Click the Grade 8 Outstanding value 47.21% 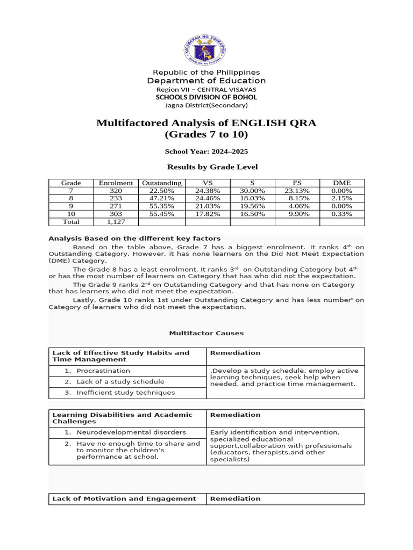[x=161, y=198]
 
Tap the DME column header [x=342, y=183]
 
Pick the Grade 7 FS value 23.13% [x=297, y=191]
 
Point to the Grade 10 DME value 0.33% [x=342, y=213]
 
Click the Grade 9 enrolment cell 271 [x=116, y=206]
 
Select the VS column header [x=208, y=183]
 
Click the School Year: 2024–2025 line [x=206, y=152]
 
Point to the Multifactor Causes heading [x=206, y=333]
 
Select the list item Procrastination [x=103, y=371]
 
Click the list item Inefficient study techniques [x=125, y=392]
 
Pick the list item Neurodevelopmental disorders [x=131, y=432]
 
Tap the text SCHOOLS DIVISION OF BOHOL [x=206, y=97]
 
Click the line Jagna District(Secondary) [x=206, y=105]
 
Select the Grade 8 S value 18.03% [x=252, y=198]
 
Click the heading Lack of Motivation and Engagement [x=124, y=498]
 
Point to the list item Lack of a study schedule [x=120, y=381]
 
